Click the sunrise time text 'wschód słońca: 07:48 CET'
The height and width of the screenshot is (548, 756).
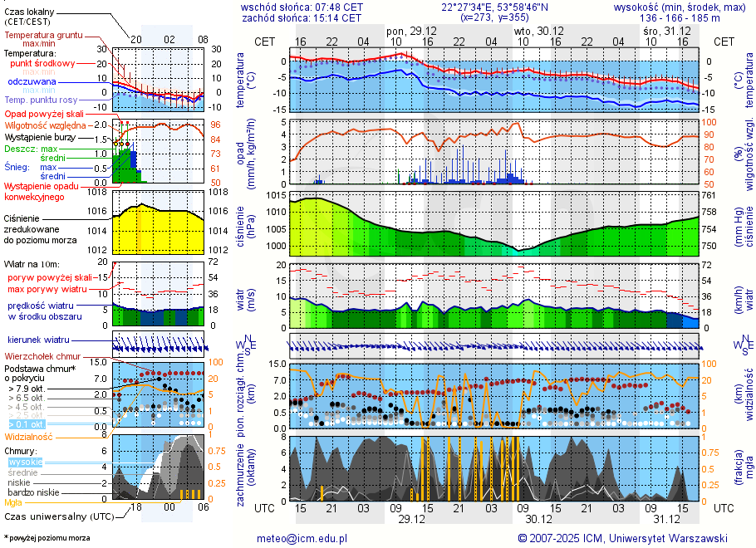[x=302, y=7]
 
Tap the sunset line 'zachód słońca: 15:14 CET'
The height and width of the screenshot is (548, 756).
[x=302, y=17]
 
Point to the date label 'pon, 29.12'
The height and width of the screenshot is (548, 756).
[x=413, y=30]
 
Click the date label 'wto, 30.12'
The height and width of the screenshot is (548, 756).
[x=541, y=30]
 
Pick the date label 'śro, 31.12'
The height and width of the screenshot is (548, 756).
[x=667, y=30]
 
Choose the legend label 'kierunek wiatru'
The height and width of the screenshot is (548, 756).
[x=39, y=340]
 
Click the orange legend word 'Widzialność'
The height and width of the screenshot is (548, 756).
[x=28, y=436]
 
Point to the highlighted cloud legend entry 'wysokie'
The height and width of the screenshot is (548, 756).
[x=25, y=462]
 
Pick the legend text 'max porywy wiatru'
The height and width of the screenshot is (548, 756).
[x=47, y=289]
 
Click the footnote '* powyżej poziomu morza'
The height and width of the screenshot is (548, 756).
[x=47, y=538]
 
